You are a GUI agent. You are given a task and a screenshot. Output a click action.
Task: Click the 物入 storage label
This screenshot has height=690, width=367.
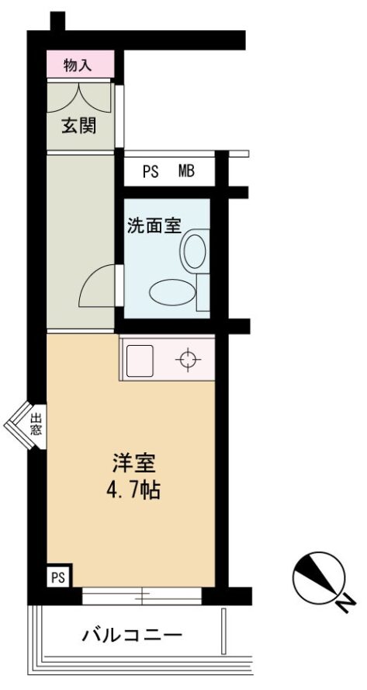[x=78, y=65]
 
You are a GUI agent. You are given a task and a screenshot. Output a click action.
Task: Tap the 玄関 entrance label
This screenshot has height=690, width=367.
[x=78, y=127]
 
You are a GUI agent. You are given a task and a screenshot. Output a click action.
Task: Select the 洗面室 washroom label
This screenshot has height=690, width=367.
[x=154, y=227]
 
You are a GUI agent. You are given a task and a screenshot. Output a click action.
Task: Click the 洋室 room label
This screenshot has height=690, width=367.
[x=133, y=462]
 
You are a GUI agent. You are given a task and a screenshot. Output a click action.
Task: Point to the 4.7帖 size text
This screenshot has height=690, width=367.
[x=133, y=490]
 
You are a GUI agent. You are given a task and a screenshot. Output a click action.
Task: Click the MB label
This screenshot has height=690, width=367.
[x=186, y=171]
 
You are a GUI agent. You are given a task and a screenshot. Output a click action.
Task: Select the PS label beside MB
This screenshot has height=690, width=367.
[x=151, y=171]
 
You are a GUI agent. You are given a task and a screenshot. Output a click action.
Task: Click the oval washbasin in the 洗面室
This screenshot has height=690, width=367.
[x=172, y=291]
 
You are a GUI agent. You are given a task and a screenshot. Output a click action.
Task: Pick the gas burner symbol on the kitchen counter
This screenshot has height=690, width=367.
[x=188, y=360]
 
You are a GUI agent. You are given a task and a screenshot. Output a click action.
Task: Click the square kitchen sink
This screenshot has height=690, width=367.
[x=140, y=360]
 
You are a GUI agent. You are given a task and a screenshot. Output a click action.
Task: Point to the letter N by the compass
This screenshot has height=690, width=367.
[x=347, y=602]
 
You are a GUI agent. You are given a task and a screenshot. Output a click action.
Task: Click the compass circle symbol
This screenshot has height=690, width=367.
[x=319, y=578]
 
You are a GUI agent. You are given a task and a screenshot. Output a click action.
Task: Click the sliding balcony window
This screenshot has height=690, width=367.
[x=142, y=596]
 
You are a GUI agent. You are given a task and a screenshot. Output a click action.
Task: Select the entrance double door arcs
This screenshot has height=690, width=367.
[x=79, y=97]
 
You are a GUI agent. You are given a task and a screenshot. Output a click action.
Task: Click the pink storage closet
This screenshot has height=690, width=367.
[x=81, y=64]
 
